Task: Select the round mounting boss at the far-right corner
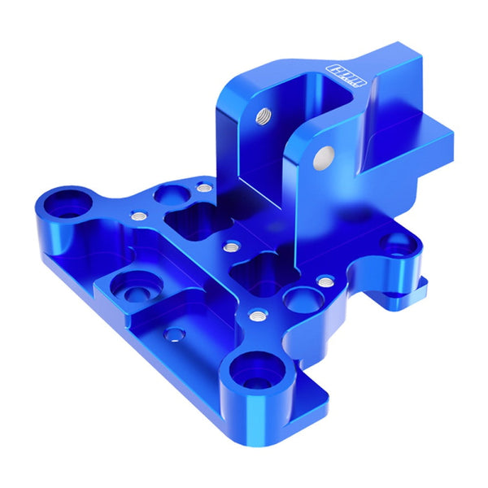399,242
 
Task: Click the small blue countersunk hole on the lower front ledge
173,334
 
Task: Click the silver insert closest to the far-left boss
138,216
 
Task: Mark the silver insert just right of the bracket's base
325,281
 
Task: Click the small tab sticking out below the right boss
418,285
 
